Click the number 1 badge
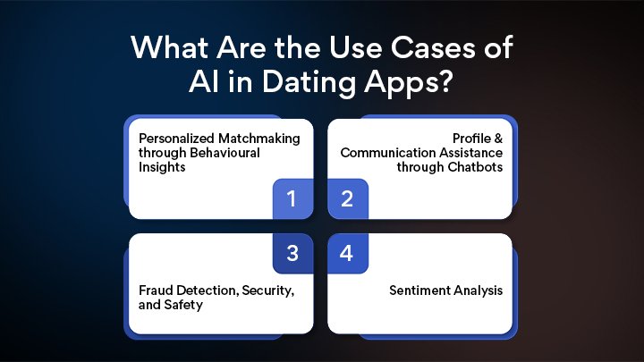coord(292,198)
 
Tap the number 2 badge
coord(347,198)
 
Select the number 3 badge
coord(292,254)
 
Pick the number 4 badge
coord(347,254)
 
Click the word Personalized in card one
coord(175,139)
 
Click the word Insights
coord(159,166)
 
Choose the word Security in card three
coord(258,291)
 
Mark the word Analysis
coord(480,291)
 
